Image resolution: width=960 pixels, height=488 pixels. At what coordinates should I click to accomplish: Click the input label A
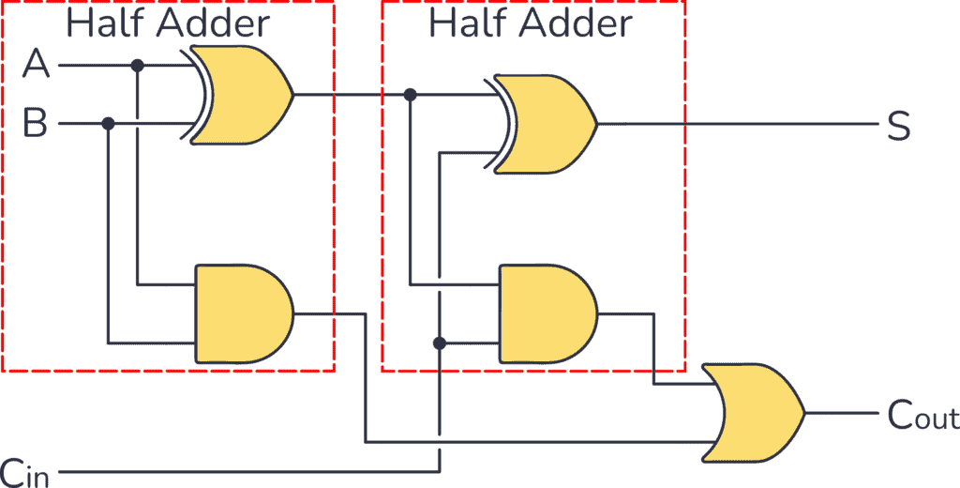coord(36,65)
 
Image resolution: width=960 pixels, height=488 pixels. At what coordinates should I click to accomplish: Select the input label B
coord(35,123)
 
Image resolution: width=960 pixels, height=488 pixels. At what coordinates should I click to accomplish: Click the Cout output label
coord(922,416)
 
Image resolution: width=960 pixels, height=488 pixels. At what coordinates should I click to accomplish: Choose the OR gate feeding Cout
coord(755,413)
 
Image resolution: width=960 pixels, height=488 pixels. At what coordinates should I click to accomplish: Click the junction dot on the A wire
coord(138,66)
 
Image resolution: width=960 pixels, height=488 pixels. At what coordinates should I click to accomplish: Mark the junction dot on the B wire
coord(109,123)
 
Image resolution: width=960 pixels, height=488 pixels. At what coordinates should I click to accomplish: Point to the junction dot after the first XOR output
coord(410,95)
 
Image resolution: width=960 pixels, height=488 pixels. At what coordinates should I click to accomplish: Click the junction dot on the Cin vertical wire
coord(439,343)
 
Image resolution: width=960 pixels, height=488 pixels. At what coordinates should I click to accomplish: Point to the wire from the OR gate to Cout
coord(839,413)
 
